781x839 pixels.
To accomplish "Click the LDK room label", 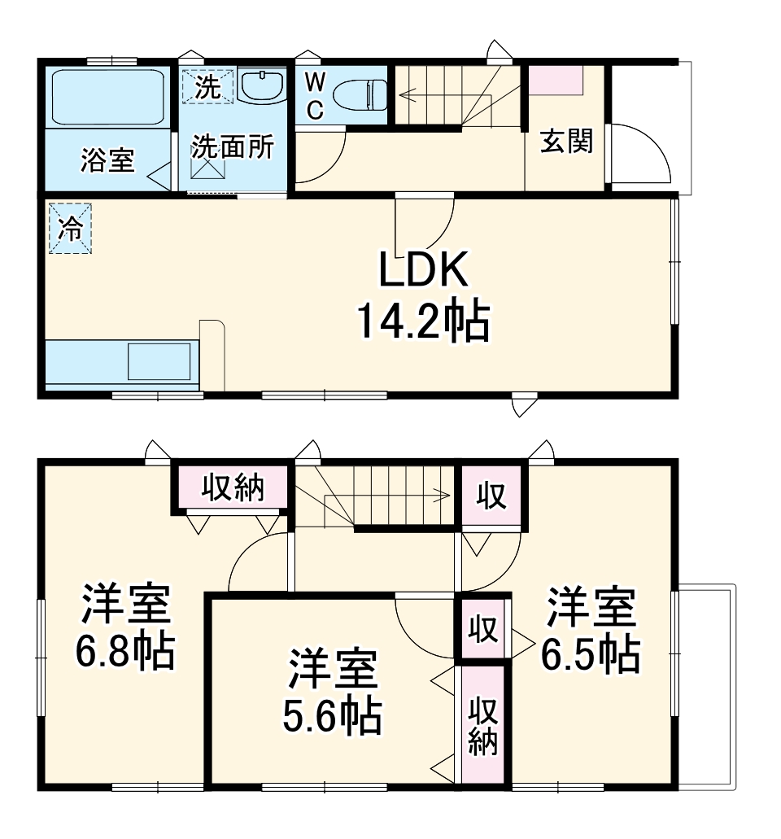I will (424, 272).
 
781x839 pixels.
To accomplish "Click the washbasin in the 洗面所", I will (262, 85).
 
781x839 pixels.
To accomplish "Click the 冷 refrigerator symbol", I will (70, 229).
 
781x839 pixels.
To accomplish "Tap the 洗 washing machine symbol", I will (207, 86).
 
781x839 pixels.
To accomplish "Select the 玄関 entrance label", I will (567, 142).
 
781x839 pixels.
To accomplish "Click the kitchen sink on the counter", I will (159, 361).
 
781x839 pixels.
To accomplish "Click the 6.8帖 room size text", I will (125, 651).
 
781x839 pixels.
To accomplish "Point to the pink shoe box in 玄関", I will (556, 81).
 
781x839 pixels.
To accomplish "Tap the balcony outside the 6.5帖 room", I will (705, 686).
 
